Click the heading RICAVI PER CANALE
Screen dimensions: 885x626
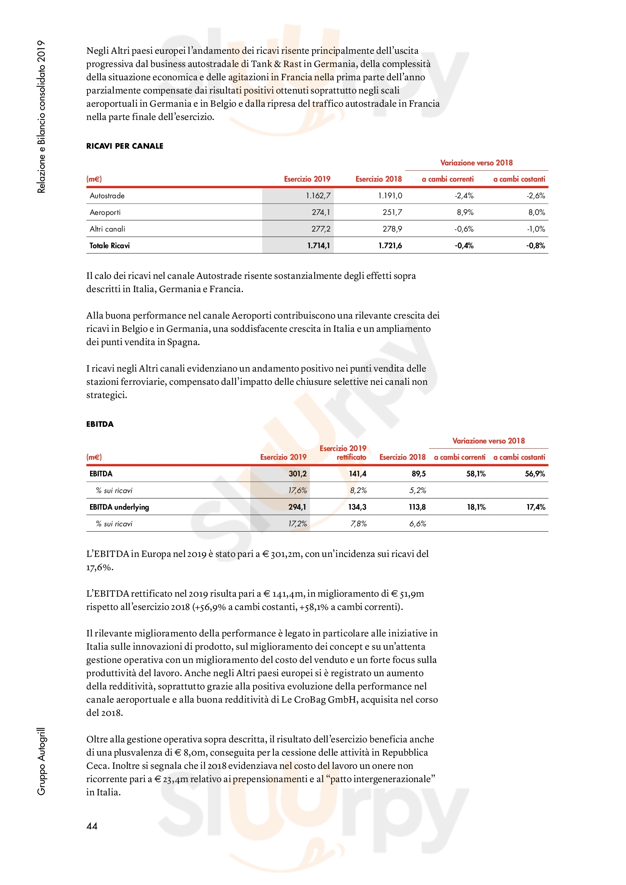125,146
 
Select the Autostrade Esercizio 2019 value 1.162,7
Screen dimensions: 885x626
318,195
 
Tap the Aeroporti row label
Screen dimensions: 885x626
105,212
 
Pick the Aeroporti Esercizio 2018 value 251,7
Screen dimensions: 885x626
392,212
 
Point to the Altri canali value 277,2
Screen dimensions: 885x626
321,229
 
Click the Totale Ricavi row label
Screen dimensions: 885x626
109,246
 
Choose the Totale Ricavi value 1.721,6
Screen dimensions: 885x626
390,246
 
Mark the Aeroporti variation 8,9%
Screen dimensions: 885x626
465,212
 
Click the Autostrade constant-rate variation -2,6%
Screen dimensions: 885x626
536,195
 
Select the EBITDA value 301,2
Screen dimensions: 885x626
297,474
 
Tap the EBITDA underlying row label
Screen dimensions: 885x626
119,507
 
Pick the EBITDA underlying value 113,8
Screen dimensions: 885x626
417,507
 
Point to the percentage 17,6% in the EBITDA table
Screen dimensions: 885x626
297,490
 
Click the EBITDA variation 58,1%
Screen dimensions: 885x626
476,474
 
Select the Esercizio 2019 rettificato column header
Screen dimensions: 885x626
343,453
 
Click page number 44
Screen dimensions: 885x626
92,826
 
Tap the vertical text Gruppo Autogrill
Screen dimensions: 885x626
41,761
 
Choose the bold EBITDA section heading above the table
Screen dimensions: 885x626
100,424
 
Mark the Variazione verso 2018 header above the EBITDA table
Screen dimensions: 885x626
488,440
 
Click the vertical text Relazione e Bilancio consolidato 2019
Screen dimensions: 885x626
41,117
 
